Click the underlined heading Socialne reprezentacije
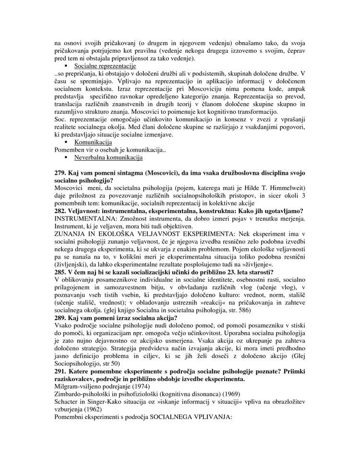point(105,66)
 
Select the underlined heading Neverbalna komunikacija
point(108,157)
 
